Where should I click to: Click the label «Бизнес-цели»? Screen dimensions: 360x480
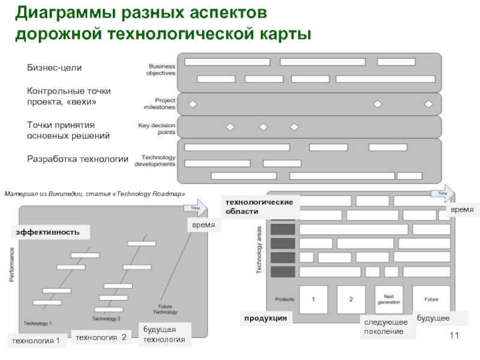click(54, 68)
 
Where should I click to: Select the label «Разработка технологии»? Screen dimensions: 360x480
click(78, 159)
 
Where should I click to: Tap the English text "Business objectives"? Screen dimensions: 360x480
click(160, 69)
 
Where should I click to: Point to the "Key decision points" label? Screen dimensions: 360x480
click(157, 128)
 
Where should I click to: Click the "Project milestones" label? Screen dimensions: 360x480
click(160, 104)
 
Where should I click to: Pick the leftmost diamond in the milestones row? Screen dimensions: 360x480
click(193, 104)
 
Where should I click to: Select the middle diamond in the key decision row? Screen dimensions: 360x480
click(263, 127)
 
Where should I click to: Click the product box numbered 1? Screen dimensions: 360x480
click(313, 299)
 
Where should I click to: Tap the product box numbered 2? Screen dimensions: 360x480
click(351, 299)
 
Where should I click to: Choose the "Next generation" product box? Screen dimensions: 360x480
click(389, 299)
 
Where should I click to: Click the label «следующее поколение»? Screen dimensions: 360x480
click(387, 327)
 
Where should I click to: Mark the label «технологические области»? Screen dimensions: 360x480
click(259, 206)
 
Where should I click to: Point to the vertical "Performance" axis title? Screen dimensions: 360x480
click(11, 265)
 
